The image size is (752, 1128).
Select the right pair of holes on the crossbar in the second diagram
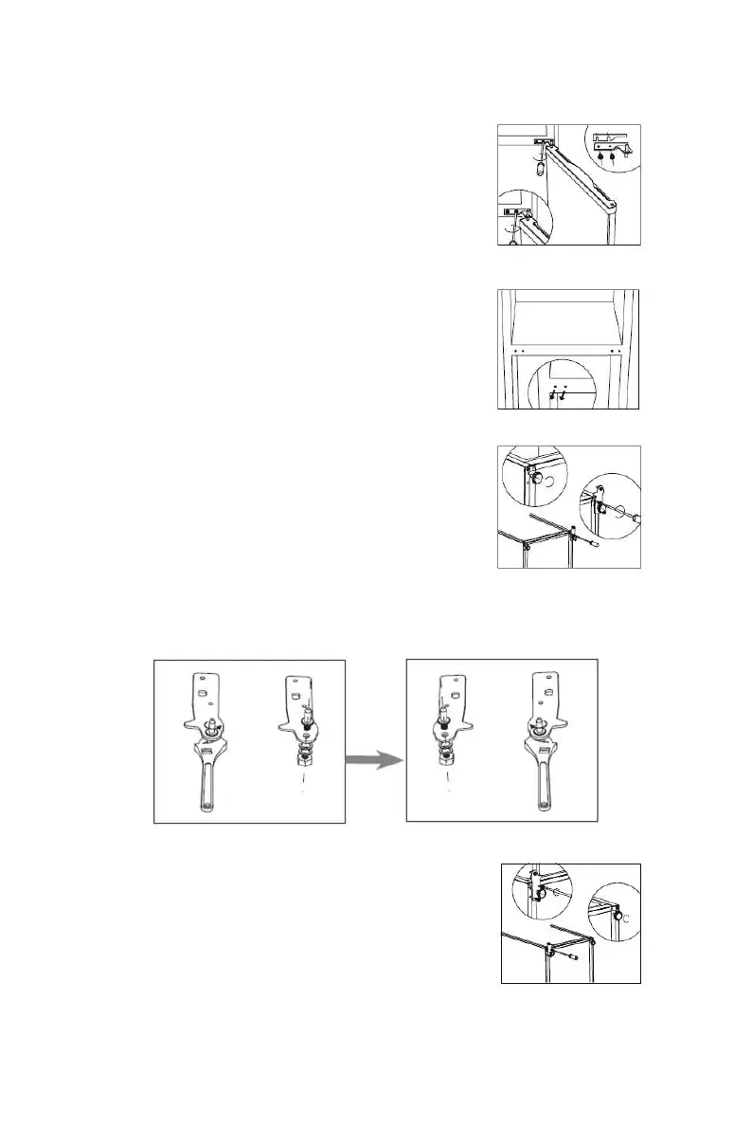tap(616, 352)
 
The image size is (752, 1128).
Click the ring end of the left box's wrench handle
tap(208, 806)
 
